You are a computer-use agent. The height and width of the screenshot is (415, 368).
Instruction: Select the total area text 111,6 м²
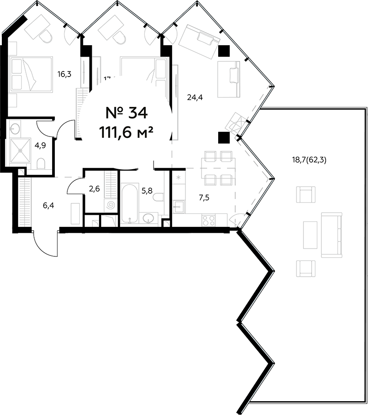(x=125, y=133)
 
